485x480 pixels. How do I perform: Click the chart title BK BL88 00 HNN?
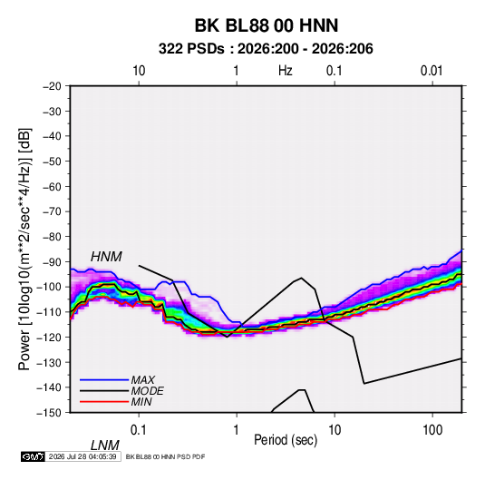coord(267,25)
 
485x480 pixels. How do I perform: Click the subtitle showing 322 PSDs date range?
coord(266,49)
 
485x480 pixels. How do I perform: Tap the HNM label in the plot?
coord(106,257)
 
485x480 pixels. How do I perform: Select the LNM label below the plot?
coord(104,446)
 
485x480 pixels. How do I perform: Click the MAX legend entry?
coord(142,379)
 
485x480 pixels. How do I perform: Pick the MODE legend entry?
coord(147,391)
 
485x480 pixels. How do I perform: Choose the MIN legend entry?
coord(141,402)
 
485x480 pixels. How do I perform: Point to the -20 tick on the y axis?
coord(52,86)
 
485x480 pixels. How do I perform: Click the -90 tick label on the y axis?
coord(52,262)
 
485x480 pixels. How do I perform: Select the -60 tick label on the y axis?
coord(52,186)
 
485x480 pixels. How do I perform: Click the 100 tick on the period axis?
coord(432,430)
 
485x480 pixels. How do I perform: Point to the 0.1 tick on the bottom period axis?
coord(139,430)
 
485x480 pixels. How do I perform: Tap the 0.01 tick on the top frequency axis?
coord(432,71)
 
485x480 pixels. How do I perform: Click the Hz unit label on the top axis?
coord(286,71)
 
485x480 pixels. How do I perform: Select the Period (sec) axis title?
coord(286,440)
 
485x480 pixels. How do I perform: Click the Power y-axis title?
coord(24,250)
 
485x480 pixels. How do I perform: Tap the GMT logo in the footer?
coord(33,456)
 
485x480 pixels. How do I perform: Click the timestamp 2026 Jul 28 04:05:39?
coord(82,456)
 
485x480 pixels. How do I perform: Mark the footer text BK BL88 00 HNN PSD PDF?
coord(165,456)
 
